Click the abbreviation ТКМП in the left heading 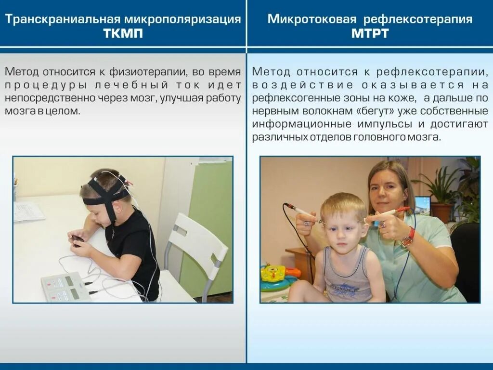(x=123, y=34)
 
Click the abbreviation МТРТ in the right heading (x=370, y=34)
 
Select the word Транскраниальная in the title (x=63, y=19)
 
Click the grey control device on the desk (x=65, y=287)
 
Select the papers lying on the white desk (x=28, y=211)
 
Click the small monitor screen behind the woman (x=422, y=205)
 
